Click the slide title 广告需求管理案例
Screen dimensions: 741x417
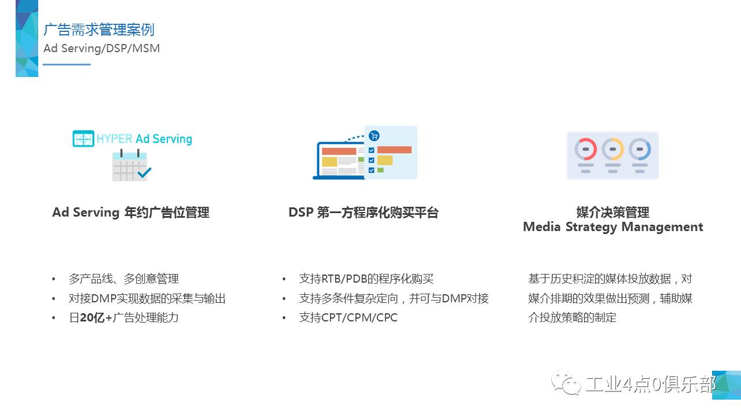click(99, 30)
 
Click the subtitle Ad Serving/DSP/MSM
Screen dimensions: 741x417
click(101, 48)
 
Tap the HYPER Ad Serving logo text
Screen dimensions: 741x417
click(144, 138)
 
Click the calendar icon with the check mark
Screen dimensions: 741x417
click(131, 165)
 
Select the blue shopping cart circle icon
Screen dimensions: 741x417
click(374, 136)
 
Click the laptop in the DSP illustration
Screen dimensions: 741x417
click(339, 161)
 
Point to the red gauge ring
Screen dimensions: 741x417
click(585, 149)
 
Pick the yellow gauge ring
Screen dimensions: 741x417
click(612, 149)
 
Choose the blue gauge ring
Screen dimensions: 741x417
click(640, 149)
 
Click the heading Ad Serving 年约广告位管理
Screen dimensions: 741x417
click(131, 213)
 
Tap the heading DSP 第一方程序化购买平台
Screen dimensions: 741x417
click(364, 213)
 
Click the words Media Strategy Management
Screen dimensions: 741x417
click(613, 228)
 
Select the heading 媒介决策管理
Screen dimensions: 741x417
click(613, 212)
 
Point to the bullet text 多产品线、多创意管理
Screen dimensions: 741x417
click(124, 279)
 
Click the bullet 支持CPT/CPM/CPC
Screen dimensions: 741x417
click(348, 318)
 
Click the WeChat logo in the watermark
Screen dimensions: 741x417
click(566, 383)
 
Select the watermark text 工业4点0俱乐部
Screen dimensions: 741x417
click(651, 384)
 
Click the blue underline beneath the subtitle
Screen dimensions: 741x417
click(67, 64)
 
